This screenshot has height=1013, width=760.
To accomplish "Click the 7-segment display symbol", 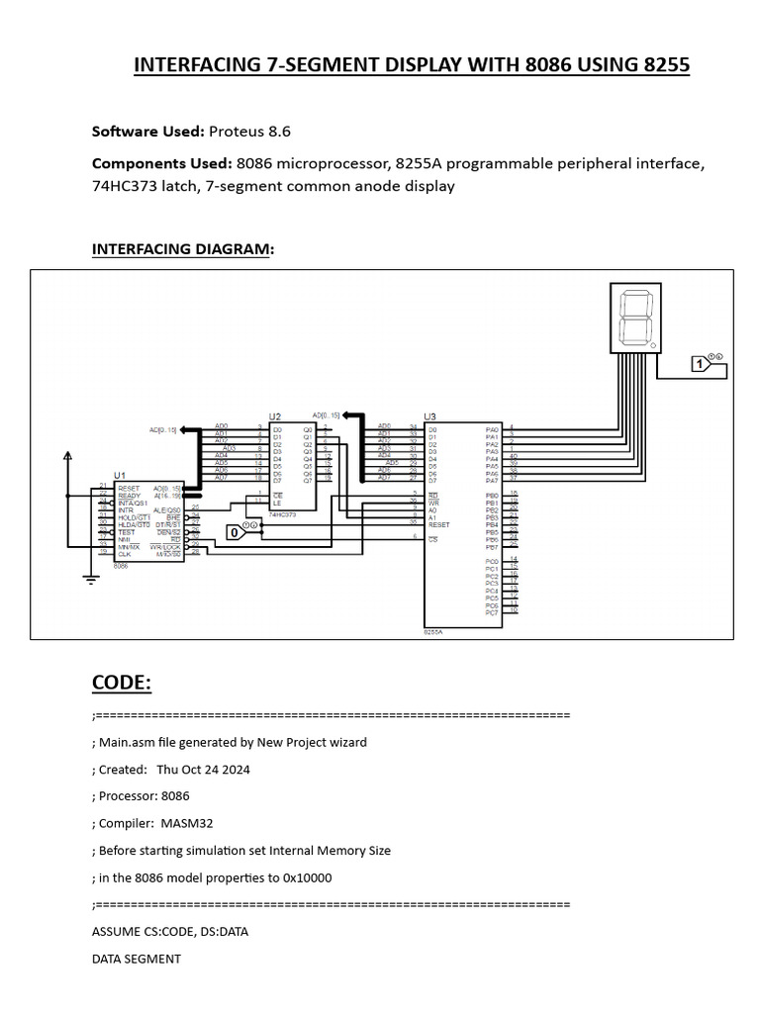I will pyautogui.click(x=637, y=317).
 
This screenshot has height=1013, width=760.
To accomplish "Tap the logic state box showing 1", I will pyautogui.click(x=700, y=365).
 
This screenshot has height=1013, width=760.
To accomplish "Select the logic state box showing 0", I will pyautogui.click(x=235, y=533).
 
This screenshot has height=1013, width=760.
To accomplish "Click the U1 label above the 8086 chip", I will pyautogui.click(x=120, y=476).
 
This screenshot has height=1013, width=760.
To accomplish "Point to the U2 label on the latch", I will pyautogui.click(x=275, y=418).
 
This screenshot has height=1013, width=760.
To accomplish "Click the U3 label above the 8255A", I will pyautogui.click(x=429, y=417).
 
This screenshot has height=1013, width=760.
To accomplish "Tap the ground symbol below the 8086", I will pyautogui.click(x=90, y=580).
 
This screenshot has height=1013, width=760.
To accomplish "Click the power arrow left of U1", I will pyautogui.click(x=67, y=457).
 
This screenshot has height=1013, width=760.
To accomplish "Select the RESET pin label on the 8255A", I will pyautogui.click(x=439, y=524).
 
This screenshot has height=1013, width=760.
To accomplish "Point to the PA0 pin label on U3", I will pyautogui.click(x=492, y=430).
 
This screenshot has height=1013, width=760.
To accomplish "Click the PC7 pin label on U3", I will pyautogui.click(x=492, y=613).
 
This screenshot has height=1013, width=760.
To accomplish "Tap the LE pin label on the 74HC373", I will pyautogui.click(x=279, y=502).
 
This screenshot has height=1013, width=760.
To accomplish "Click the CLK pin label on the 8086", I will pyautogui.click(x=124, y=554).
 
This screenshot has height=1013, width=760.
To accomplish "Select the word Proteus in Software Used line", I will pyautogui.click(x=235, y=132).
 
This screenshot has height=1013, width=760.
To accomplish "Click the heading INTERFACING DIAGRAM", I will pyautogui.click(x=182, y=249).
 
